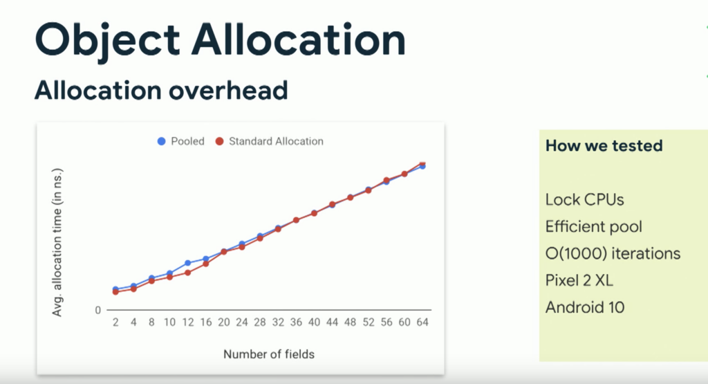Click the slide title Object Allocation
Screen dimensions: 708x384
pyautogui.click(x=220, y=41)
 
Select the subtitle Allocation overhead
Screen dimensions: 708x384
pyautogui.click(x=161, y=90)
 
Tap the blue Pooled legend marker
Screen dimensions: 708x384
pyautogui.click(x=161, y=141)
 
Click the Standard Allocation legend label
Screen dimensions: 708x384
pyautogui.click(x=276, y=141)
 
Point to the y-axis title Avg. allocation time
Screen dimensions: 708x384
pyautogui.click(x=57, y=242)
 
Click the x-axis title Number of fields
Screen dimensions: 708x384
pyautogui.click(x=269, y=354)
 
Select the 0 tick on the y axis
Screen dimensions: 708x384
pyautogui.click(x=97, y=311)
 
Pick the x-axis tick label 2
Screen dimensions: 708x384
pyautogui.click(x=115, y=322)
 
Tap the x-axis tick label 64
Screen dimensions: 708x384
pyautogui.click(x=422, y=322)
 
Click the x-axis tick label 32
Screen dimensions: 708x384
pyautogui.click(x=278, y=322)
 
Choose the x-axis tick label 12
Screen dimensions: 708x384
pyautogui.click(x=188, y=322)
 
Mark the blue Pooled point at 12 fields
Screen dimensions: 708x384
pyautogui.click(x=188, y=263)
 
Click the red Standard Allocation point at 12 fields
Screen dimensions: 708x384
pyautogui.click(x=188, y=273)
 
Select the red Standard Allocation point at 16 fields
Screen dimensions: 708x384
pyautogui.click(x=206, y=264)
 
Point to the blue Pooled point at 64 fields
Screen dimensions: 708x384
pyautogui.click(x=422, y=166)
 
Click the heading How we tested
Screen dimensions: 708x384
pyautogui.click(x=604, y=145)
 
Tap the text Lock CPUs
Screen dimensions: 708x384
pyautogui.click(x=585, y=199)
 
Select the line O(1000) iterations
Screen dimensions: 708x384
pyautogui.click(x=613, y=253)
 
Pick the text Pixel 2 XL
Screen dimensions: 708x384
pyautogui.click(x=579, y=280)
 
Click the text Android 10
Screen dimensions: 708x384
pyautogui.click(x=585, y=307)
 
